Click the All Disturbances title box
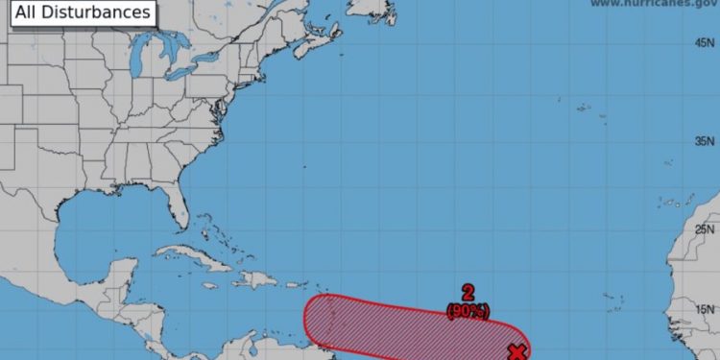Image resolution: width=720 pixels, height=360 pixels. coord(78,12)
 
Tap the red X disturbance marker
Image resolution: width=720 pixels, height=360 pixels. coord(517,352)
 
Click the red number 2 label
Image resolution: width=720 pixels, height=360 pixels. coord(468,294)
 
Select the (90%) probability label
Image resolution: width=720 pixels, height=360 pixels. coord(468,311)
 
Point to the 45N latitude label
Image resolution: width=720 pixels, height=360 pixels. coord(706,43)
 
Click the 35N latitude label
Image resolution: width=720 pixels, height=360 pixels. coord(706,141)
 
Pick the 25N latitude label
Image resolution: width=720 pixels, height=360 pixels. coord(706,229)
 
